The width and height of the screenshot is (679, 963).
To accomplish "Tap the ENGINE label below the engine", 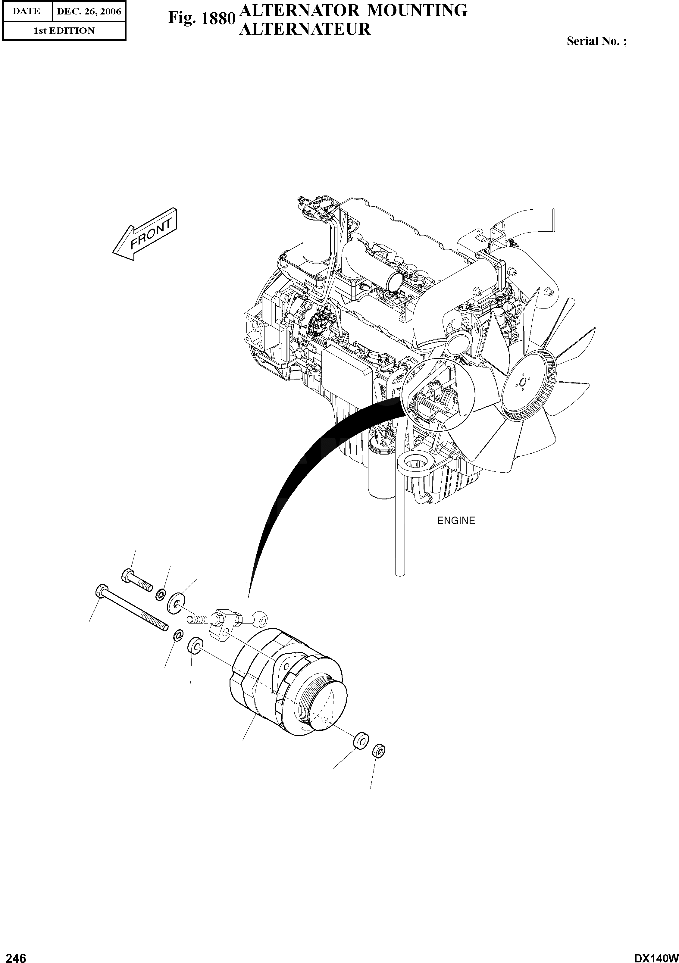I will (456, 521).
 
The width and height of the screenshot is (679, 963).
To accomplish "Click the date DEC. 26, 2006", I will (89, 11).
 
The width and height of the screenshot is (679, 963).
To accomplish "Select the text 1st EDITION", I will (64, 31).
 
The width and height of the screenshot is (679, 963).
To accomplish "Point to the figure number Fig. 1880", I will (200, 18).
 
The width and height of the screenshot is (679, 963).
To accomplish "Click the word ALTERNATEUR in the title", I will (305, 29).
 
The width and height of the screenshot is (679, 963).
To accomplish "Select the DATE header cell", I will (27, 11).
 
